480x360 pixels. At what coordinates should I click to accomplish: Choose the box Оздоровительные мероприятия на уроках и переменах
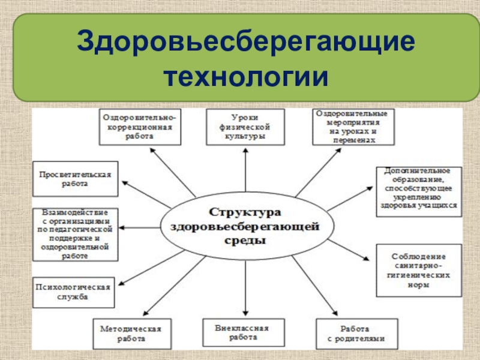tap(354, 127)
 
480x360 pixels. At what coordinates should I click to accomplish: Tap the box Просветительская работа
tap(76, 179)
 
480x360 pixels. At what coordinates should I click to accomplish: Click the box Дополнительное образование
tap(419, 191)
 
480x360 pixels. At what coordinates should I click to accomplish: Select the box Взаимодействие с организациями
tap(76, 234)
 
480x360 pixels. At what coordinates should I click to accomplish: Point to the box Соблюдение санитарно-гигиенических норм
tap(419, 270)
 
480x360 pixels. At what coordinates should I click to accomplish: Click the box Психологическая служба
tap(74, 292)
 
